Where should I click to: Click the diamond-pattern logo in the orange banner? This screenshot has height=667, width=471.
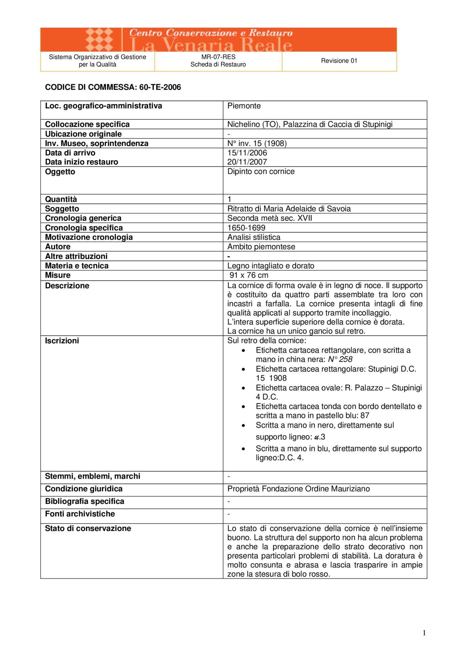coord(99,40)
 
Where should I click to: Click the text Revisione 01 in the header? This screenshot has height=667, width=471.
coord(339,61)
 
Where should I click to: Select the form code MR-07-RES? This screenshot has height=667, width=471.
coord(218,57)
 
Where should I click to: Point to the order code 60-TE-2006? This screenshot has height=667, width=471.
coord(160,87)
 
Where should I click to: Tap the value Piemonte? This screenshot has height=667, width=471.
coord(244,106)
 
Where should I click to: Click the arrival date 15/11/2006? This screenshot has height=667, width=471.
coord(247,153)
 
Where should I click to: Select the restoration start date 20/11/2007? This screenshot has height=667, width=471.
coord(247,162)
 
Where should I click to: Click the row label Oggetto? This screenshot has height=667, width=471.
coord(60,172)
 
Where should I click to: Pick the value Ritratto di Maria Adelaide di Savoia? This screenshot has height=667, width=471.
coord(289,209)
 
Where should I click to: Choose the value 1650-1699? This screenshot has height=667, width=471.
coord(246,228)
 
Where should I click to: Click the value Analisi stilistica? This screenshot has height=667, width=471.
coord(254,237)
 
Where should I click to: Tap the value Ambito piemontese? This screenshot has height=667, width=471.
coord(261,247)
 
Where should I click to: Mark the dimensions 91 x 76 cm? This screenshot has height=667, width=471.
coord(249,275)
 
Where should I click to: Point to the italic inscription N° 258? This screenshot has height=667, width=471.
coord(340,360)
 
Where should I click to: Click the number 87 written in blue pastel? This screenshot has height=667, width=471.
coord(365,416)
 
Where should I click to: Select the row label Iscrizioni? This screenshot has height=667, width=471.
coord(62,341)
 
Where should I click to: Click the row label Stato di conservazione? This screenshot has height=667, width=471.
coord(88,529)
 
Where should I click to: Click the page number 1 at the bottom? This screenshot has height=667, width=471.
coord(424,633)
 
